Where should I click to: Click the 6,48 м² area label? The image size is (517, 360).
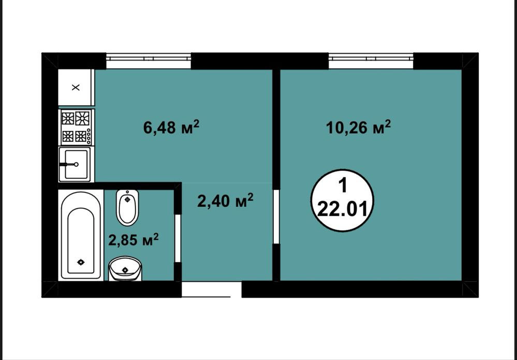coord(171,127)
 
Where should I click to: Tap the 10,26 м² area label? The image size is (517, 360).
coord(359,127)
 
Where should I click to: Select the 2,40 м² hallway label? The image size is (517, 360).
coord(225,200)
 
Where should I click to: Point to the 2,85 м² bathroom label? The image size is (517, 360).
coord(134,239)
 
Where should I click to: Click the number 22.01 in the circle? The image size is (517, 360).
coord(342,210)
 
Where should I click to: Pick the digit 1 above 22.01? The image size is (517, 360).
coord(343,186)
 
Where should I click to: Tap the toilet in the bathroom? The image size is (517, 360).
coord(127,208)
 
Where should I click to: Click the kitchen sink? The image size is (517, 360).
coord(75,164)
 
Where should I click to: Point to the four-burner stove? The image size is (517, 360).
coord(76,127)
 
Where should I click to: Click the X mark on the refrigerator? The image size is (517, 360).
coord(76,88)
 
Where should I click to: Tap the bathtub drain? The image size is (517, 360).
coord(81,262)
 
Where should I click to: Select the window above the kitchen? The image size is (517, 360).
coord(149,61)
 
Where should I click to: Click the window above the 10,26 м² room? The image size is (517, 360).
coord(371,61)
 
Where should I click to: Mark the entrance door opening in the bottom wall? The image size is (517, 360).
coord(211,290)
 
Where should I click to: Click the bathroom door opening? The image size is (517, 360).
coord(178,238)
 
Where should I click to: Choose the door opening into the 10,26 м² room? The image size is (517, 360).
coord(276,217)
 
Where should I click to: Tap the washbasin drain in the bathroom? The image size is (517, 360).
coord(125,270)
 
